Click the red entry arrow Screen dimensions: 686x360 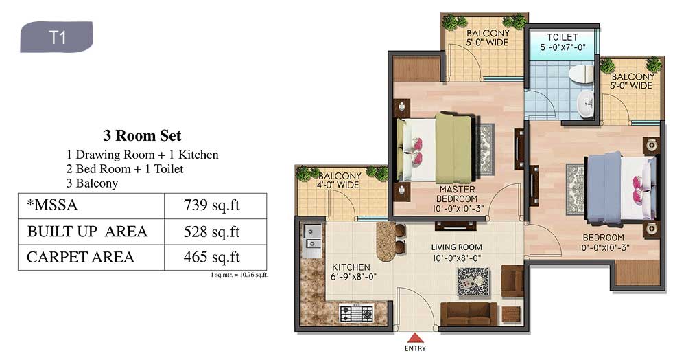415,337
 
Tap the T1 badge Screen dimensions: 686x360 56,37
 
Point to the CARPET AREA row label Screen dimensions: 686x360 80,257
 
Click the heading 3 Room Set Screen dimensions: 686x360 142,135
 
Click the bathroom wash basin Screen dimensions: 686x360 585,104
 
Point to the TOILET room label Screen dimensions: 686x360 563,38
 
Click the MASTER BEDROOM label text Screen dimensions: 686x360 458,194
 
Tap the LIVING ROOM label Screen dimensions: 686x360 456,247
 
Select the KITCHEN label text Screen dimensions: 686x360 351,267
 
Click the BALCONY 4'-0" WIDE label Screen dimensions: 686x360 339,181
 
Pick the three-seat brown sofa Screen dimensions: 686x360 469,313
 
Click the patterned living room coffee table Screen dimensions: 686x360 473,281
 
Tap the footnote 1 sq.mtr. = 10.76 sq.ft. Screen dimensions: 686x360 239,275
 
